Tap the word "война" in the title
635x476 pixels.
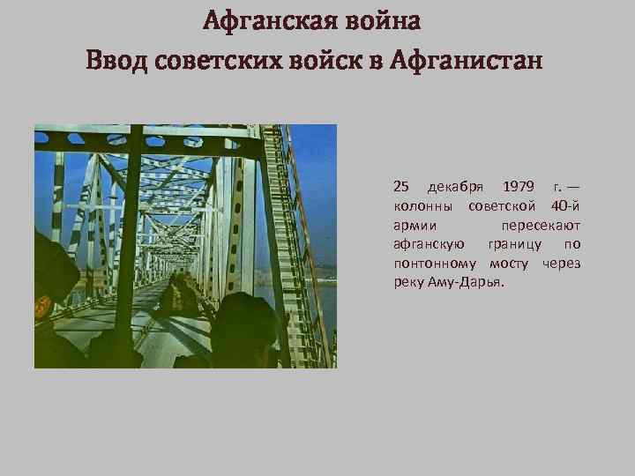point(380,20)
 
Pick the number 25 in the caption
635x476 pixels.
point(401,186)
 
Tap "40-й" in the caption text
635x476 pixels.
point(565,206)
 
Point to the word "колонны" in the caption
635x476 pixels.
point(424,206)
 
